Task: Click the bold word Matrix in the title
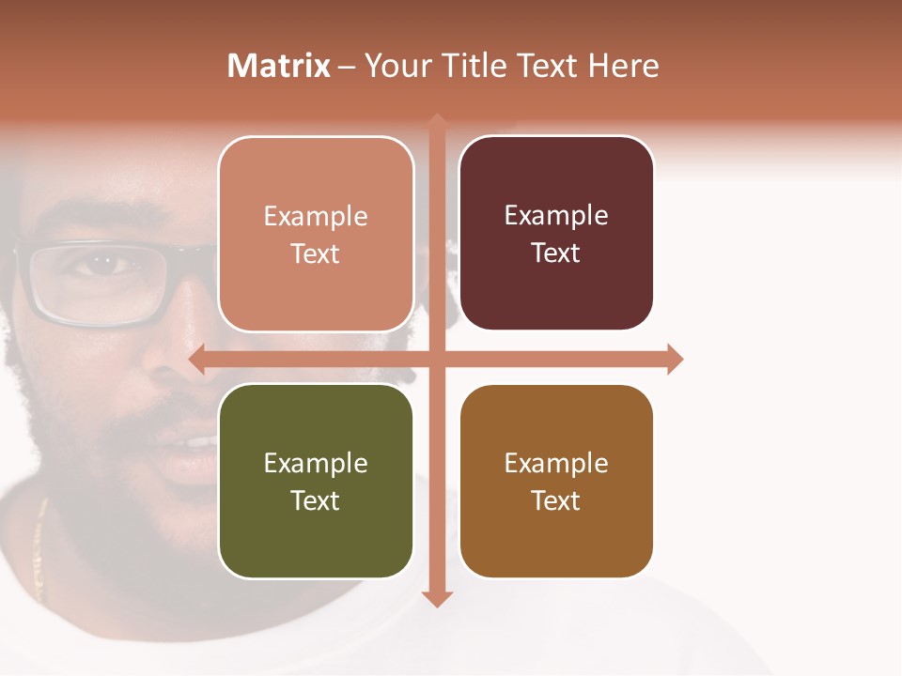pyautogui.click(x=278, y=66)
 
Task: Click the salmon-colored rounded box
pyautogui.click(x=316, y=235)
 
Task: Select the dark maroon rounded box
pyautogui.click(x=556, y=234)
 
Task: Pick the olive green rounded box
pyautogui.click(x=316, y=482)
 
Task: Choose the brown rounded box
pyautogui.click(x=556, y=482)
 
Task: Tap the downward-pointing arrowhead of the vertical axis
pyautogui.click(x=436, y=599)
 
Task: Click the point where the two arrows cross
pyautogui.click(x=436, y=359)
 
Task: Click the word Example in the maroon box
pyautogui.click(x=556, y=215)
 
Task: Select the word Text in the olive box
pyautogui.click(x=316, y=500)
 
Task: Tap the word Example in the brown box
pyautogui.click(x=556, y=463)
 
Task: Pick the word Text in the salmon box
pyautogui.click(x=316, y=253)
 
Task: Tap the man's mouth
pyautogui.click(x=193, y=441)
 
